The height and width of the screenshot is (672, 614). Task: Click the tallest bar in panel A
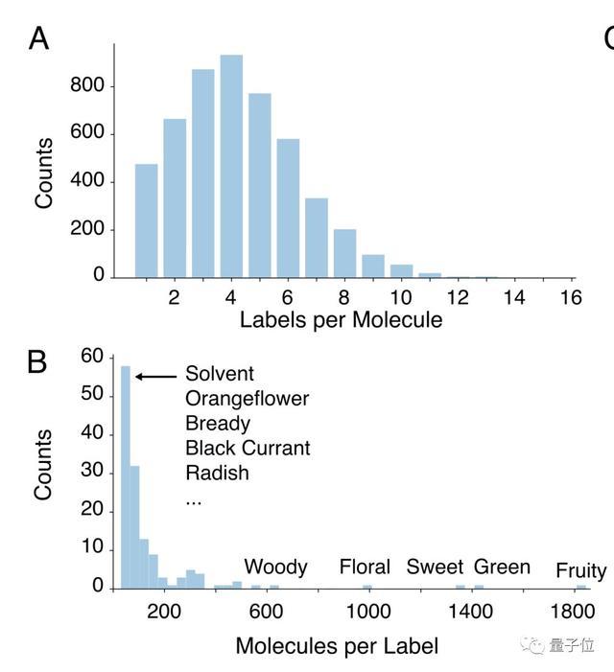(x=231, y=167)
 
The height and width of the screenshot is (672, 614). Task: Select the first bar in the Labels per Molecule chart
(x=147, y=221)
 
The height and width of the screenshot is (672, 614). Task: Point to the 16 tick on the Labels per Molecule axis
(x=571, y=297)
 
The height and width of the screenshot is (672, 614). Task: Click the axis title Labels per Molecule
(x=341, y=320)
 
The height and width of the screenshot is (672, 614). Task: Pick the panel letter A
(x=38, y=39)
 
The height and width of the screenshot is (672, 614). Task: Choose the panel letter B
(x=37, y=362)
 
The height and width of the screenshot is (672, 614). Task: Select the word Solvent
(x=220, y=373)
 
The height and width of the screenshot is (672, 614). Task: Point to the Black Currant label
(x=248, y=448)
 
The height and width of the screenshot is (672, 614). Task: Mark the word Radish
(x=217, y=473)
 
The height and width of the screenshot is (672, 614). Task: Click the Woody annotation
(x=275, y=567)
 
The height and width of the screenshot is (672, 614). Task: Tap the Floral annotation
(x=365, y=567)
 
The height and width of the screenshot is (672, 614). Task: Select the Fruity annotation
(x=580, y=571)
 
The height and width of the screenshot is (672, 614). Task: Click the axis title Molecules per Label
(x=338, y=645)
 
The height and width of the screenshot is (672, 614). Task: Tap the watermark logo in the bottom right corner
(x=532, y=645)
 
